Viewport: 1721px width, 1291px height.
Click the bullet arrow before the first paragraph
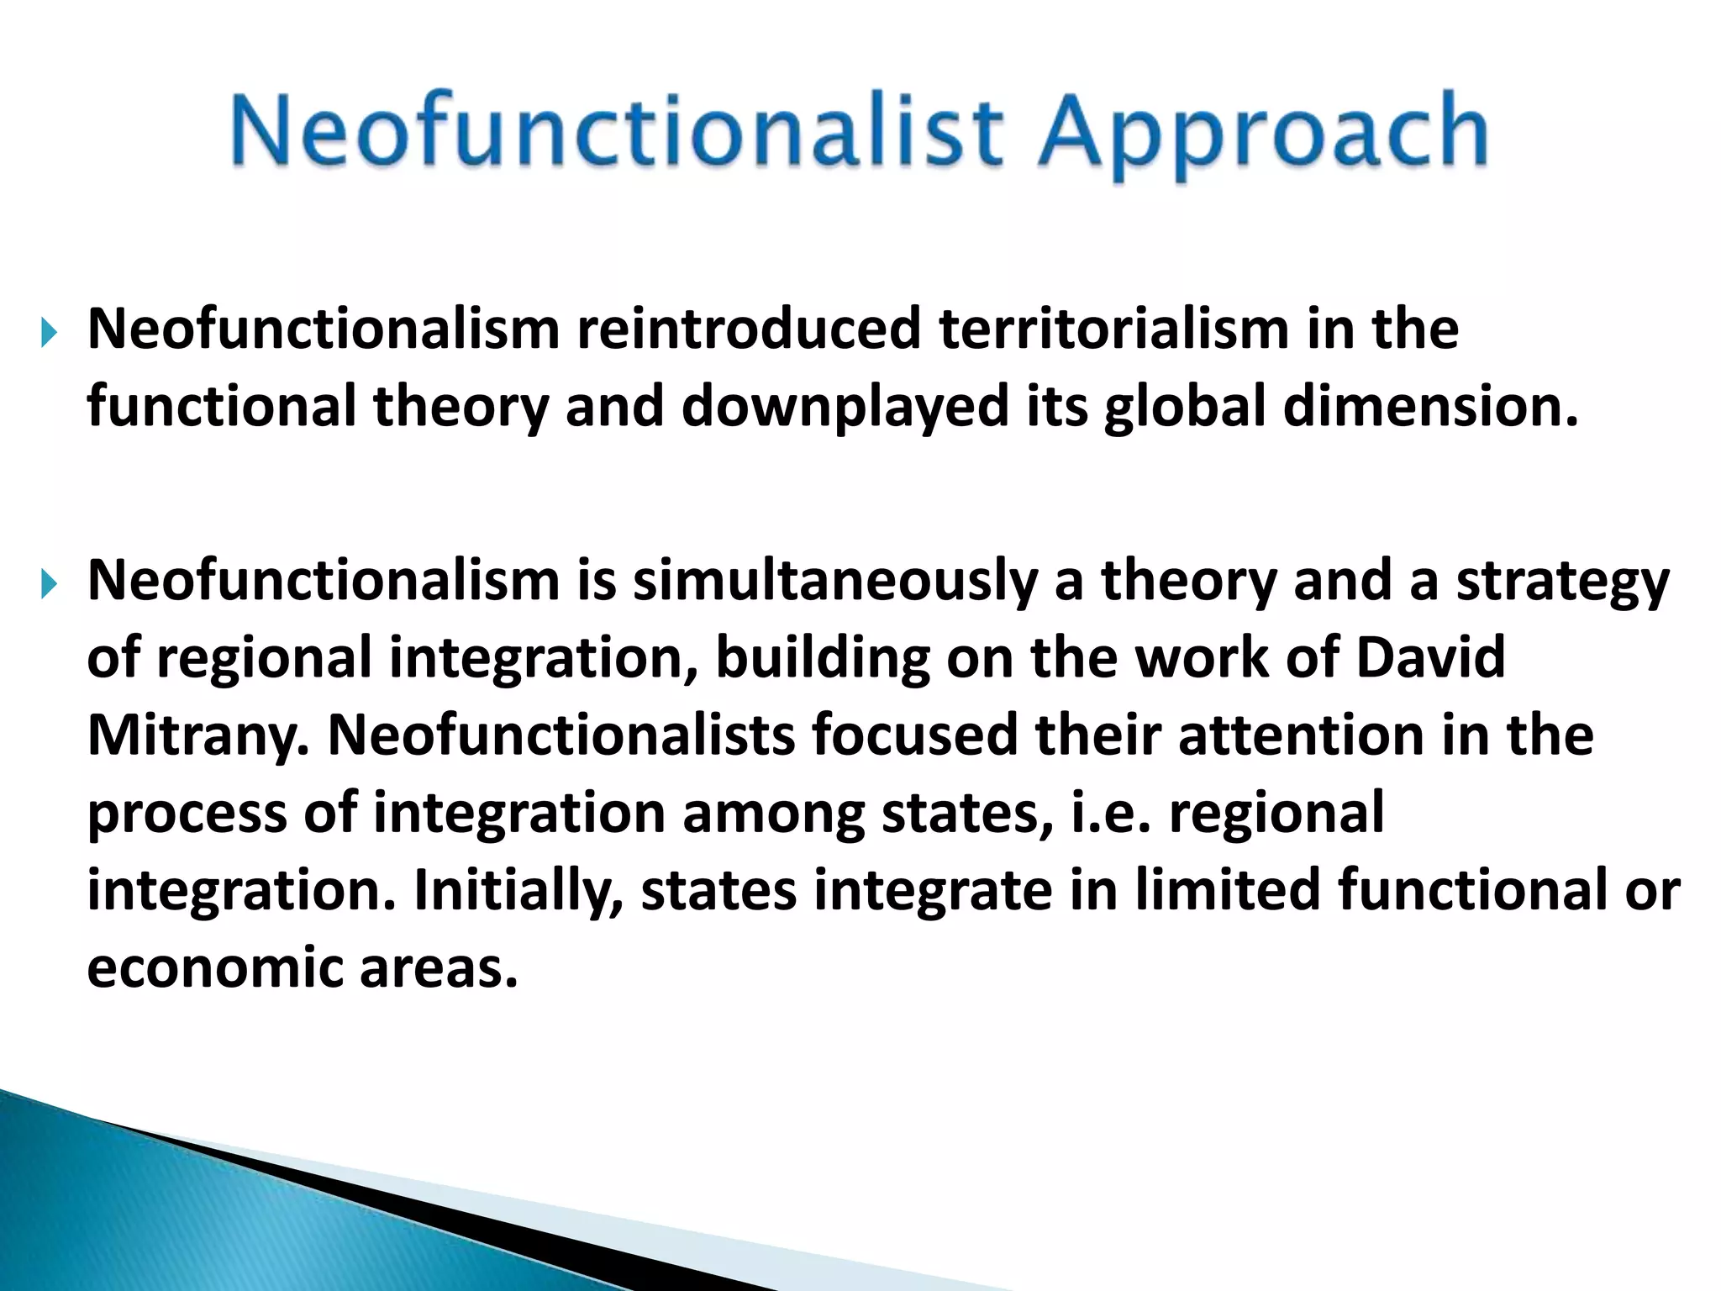click(x=49, y=334)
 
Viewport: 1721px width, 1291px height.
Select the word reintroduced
click(x=749, y=329)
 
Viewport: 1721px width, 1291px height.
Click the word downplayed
click(x=845, y=407)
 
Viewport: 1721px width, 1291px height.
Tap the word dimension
click(x=1430, y=407)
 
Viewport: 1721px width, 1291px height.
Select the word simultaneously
click(x=834, y=582)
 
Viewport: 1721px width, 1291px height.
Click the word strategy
click(x=1562, y=582)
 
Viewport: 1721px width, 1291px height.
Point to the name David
click(x=1430, y=657)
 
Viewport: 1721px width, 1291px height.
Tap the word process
click(x=187, y=814)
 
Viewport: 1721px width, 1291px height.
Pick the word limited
click(x=1227, y=891)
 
